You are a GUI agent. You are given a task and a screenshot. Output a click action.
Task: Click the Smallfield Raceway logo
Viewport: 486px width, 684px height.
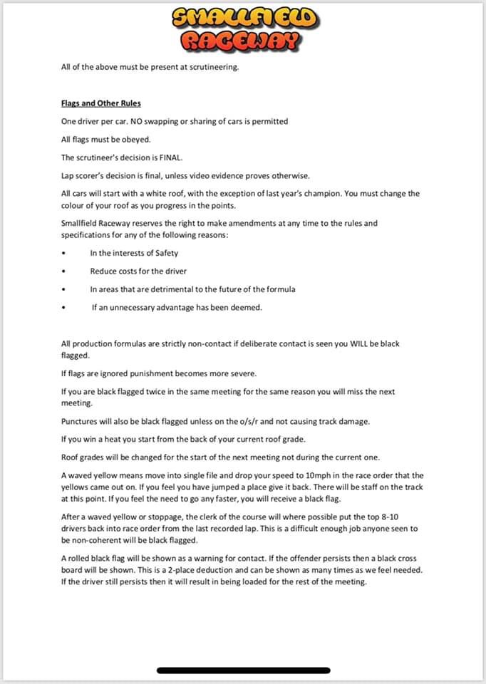242,30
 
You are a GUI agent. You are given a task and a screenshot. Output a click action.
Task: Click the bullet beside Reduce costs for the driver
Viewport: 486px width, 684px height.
64,271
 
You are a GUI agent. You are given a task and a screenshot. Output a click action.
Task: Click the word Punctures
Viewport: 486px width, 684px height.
80,420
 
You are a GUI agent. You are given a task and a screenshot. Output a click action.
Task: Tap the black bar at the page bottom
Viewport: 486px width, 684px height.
242,670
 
